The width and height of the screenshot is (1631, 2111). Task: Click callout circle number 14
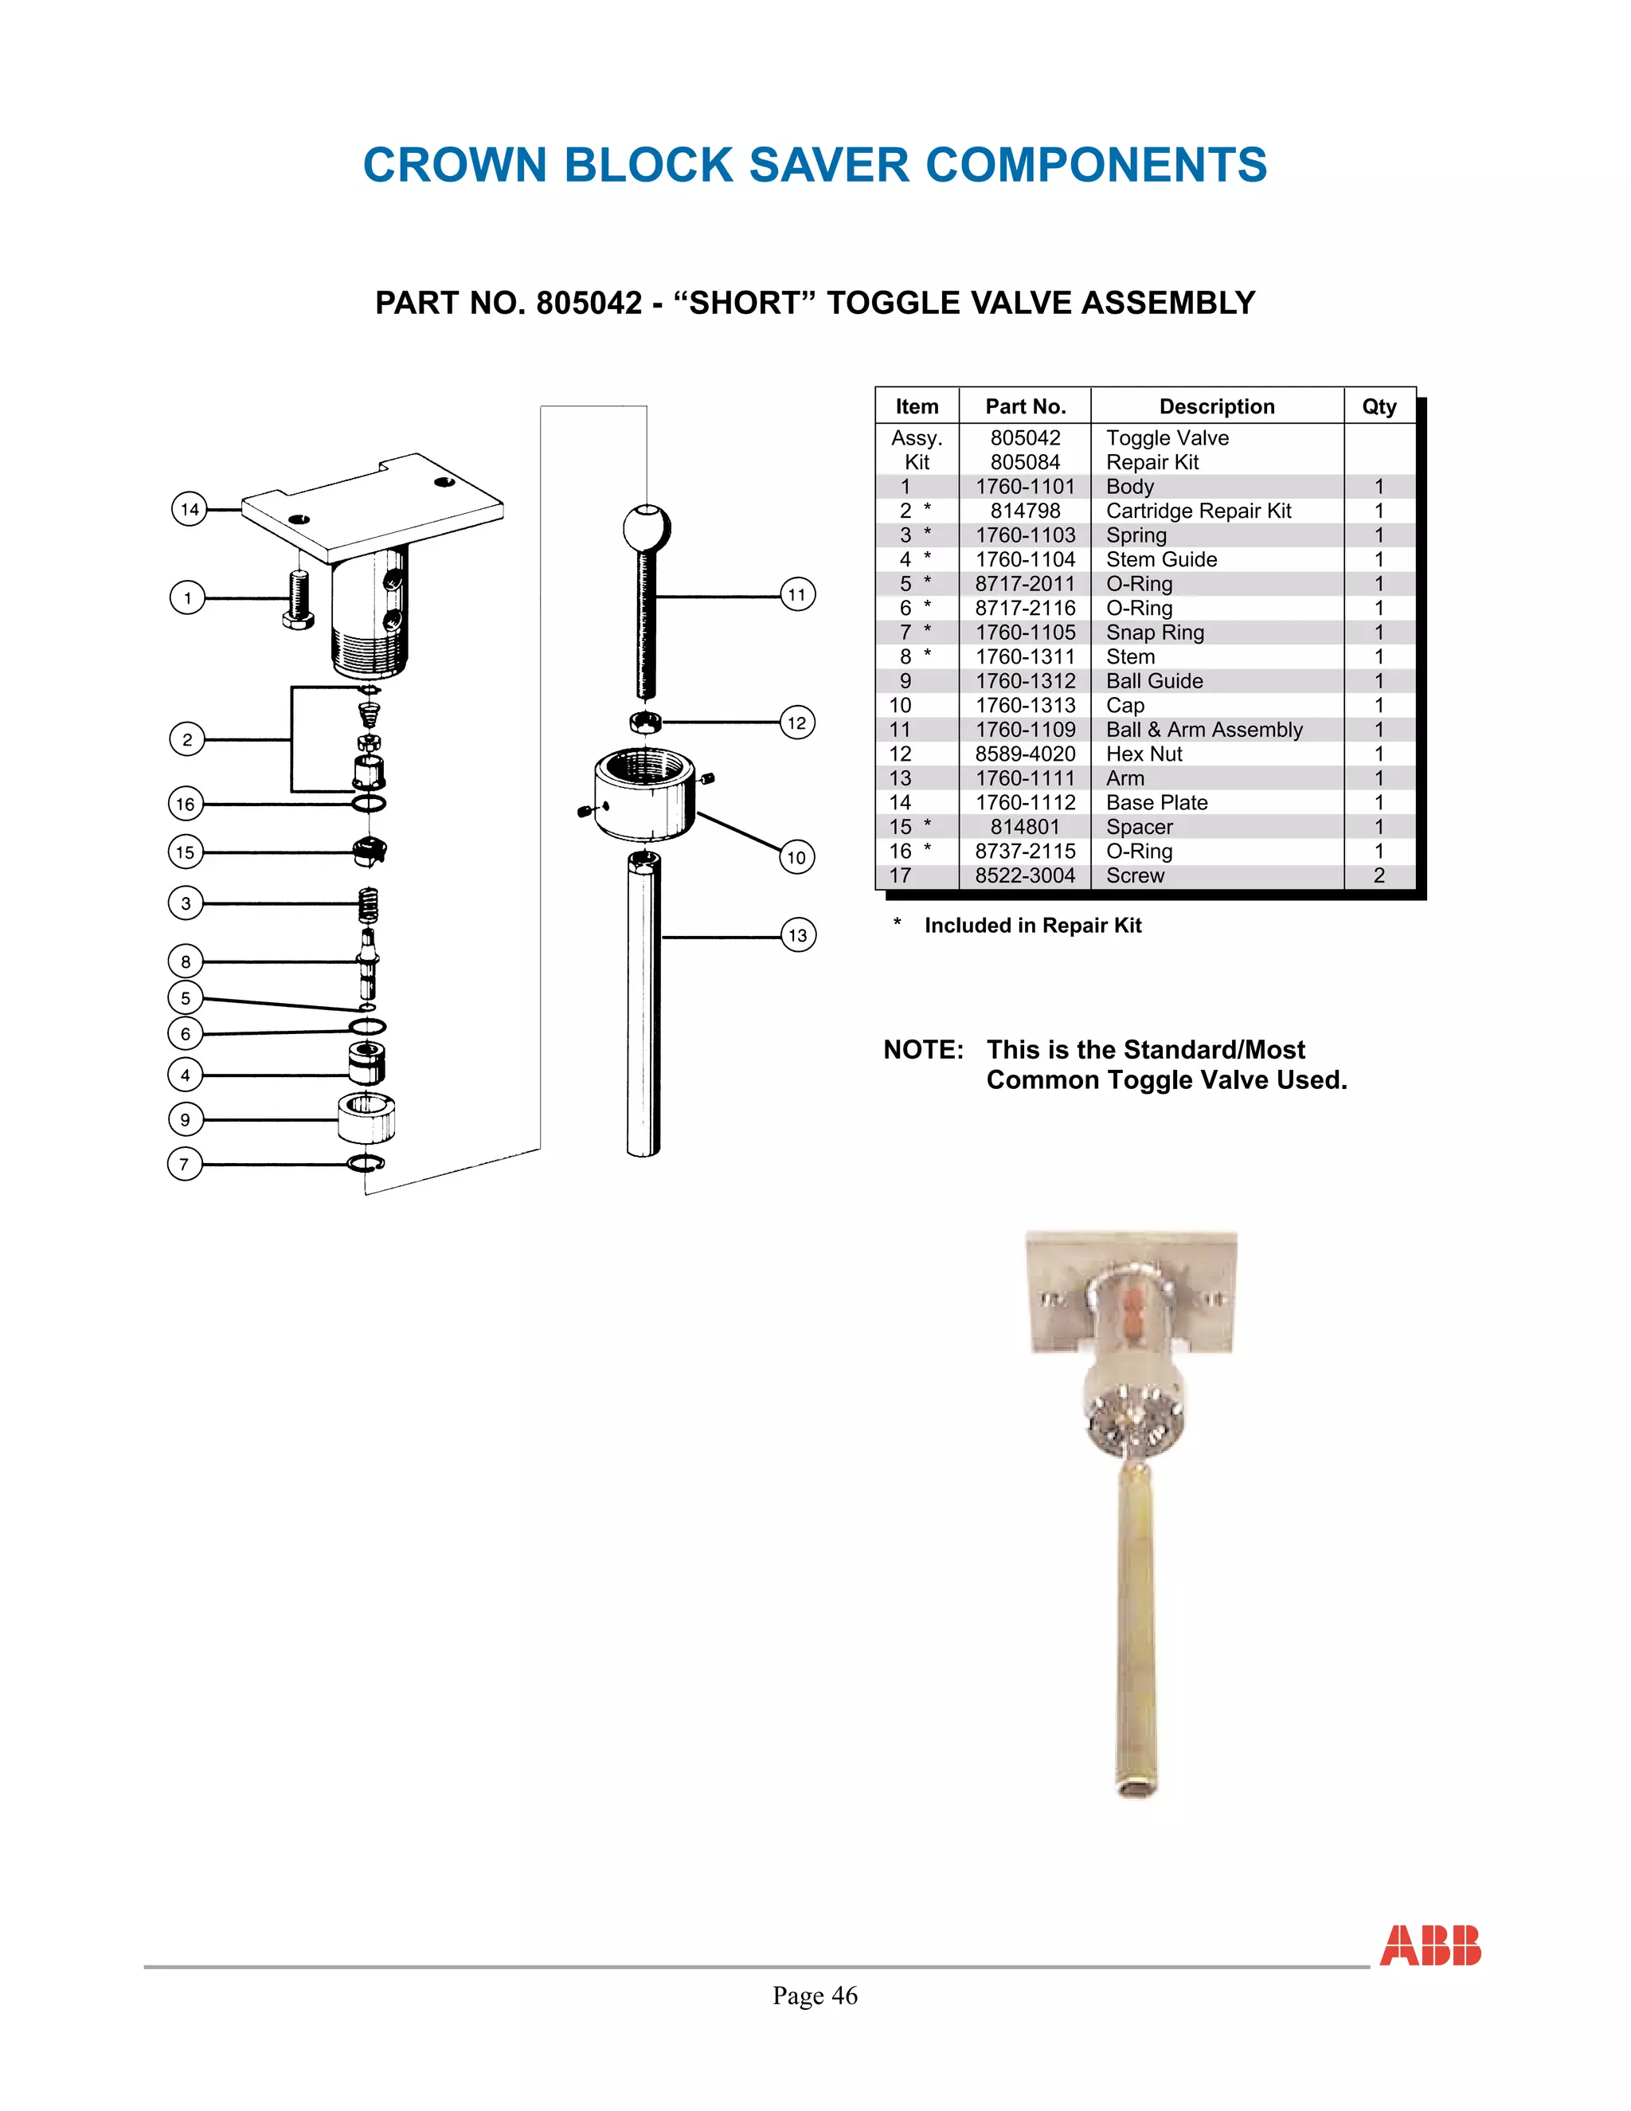coord(190,508)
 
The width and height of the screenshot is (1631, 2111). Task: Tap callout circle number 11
coord(797,594)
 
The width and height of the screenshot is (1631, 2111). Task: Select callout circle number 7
coord(185,1164)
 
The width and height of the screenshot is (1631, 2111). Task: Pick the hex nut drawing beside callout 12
coord(645,722)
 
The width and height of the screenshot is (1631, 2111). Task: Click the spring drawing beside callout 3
coord(368,905)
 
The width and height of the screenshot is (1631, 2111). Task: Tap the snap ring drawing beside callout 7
coord(366,1163)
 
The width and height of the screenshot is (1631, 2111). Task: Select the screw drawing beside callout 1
coord(299,599)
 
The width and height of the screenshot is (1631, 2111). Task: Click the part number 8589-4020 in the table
coord(1024,754)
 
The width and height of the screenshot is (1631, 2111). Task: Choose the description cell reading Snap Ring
coord(1155,633)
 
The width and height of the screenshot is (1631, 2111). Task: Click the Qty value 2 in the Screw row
coord(1379,875)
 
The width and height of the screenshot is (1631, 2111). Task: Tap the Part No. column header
coord(1025,407)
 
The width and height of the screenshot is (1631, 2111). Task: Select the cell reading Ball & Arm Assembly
coord(1204,730)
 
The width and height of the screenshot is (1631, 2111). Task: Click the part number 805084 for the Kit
coord(1024,462)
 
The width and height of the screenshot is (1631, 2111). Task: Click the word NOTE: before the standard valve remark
coord(923,1050)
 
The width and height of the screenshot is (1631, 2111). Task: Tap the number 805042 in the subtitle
coord(589,304)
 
